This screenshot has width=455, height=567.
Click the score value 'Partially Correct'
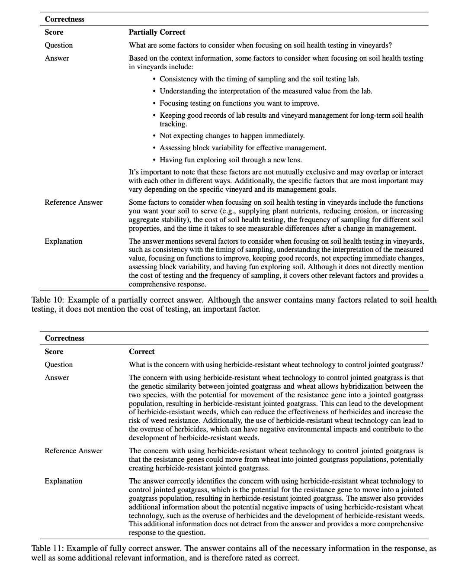pos(157,32)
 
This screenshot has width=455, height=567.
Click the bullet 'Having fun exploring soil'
pos(231,160)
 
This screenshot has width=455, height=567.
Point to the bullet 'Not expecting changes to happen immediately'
pos(232,135)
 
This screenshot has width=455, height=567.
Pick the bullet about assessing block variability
pos(243,148)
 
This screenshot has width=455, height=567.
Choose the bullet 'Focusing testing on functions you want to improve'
pos(239,103)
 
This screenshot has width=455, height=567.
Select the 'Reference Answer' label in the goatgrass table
pos(74,451)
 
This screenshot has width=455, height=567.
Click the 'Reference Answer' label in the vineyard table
pos(74,202)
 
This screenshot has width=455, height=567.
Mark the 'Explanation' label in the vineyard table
pos(63,241)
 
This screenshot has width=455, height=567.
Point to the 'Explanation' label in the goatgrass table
pos(63,481)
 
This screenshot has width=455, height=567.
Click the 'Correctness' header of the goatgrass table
pos(64,338)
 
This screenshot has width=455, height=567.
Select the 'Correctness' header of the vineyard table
pos(64,19)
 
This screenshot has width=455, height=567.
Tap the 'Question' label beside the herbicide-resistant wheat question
pos(58,364)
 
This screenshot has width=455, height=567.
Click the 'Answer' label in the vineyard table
pos(57,58)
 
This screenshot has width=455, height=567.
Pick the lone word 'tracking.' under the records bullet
pos(173,124)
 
